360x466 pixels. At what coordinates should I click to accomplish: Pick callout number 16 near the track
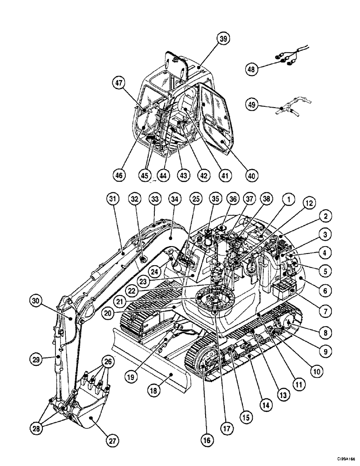pyautogui.click(x=206, y=439)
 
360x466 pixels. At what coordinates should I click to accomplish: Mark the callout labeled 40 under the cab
pyautogui.click(x=252, y=175)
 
